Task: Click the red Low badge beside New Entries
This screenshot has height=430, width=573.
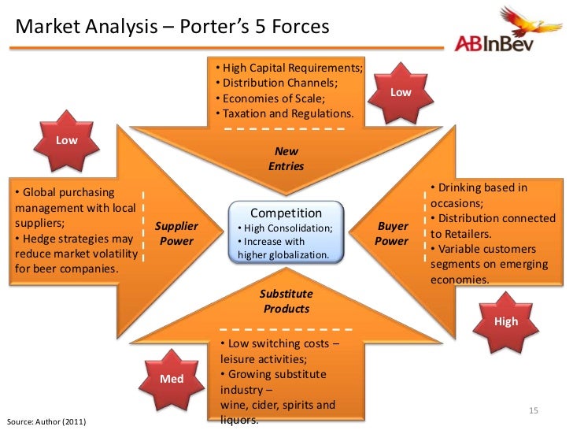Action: pyautogui.click(x=401, y=93)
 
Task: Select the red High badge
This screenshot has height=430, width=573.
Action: pyautogui.click(x=506, y=321)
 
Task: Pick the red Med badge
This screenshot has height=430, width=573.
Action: pyautogui.click(x=172, y=379)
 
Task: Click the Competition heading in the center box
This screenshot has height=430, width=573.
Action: pyautogui.click(x=286, y=213)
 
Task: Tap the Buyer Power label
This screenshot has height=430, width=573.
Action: pyautogui.click(x=391, y=234)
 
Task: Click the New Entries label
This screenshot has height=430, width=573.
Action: pyautogui.click(x=286, y=159)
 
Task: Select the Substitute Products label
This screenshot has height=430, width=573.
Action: pyautogui.click(x=286, y=302)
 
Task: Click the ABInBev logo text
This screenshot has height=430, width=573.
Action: pyautogui.click(x=494, y=43)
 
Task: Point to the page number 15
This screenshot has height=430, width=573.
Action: pyautogui.click(x=533, y=411)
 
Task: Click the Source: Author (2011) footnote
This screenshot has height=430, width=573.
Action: pyautogui.click(x=46, y=421)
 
